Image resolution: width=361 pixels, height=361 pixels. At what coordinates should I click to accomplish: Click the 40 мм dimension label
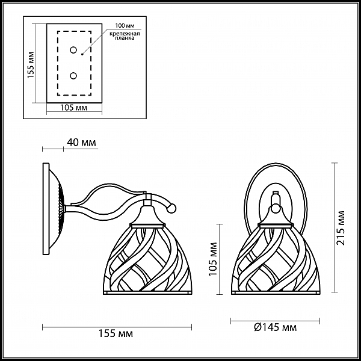coord(81,143)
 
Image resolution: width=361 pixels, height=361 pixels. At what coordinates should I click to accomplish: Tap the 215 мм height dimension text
coord(341,227)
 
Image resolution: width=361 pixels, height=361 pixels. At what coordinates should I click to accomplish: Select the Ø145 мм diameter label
coord(276,327)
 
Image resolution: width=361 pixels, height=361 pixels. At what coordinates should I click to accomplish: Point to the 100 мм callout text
coord(125,25)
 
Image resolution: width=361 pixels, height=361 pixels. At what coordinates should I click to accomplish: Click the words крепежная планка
coord(125,36)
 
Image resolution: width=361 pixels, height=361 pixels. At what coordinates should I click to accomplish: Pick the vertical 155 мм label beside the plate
coord(31,65)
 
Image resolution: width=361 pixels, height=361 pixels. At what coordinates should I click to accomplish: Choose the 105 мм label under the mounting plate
coord(73,108)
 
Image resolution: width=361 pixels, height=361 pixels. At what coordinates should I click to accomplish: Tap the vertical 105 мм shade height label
coord(212,259)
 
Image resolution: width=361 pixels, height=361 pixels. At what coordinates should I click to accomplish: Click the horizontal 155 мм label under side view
coord(116,333)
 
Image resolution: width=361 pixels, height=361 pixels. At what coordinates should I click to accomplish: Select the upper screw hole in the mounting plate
coord(73,50)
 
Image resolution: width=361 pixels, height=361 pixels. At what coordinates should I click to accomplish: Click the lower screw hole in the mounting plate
coord(73,76)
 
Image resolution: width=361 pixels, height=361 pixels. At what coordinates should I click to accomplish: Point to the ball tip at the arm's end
coord(171,208)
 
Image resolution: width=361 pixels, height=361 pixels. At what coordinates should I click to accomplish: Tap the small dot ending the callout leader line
coord(82,55)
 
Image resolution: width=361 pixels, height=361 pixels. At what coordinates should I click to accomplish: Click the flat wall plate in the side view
coord(46,209)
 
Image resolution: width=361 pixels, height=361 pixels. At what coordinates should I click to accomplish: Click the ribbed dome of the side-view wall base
coord(57,209)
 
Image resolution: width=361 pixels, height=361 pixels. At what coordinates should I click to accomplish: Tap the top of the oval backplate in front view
coord(276,164)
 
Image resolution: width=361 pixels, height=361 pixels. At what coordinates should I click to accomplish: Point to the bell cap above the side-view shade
coord(147,215)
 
